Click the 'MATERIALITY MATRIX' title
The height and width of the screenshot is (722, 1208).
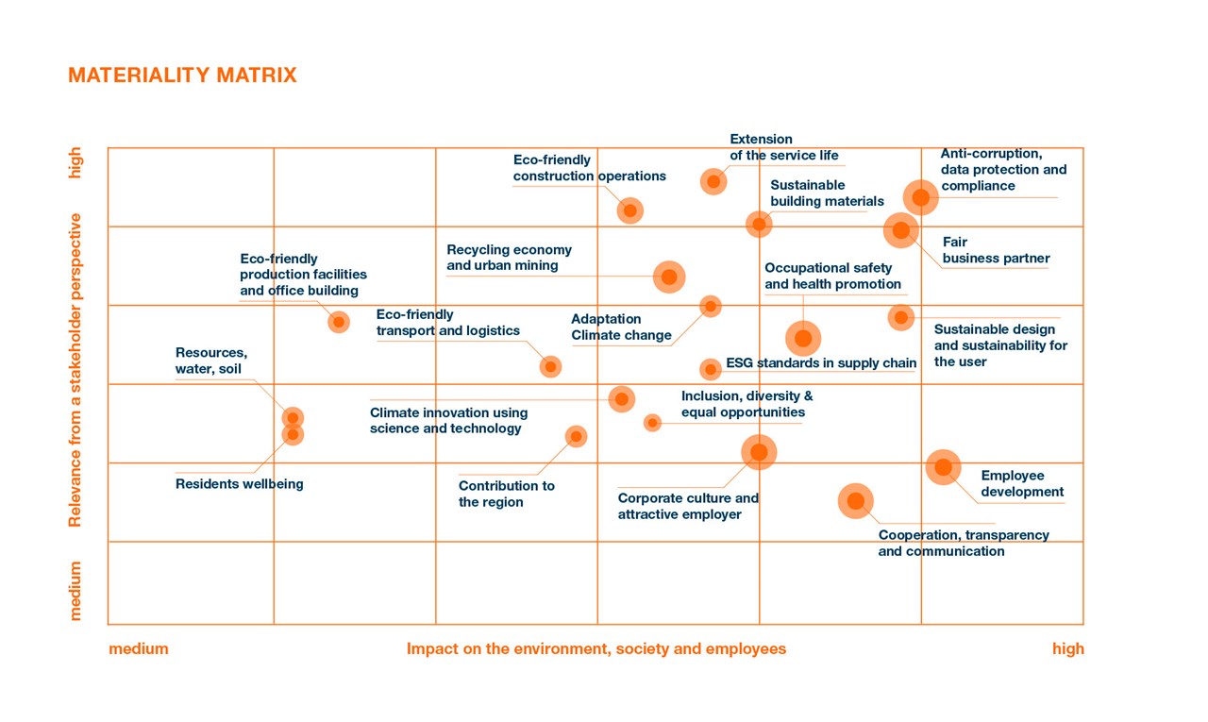point(182,76)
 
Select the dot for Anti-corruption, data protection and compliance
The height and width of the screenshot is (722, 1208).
point(920,197)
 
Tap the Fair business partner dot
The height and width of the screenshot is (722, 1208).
point(901,229)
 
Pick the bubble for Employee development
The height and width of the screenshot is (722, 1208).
point(943,466)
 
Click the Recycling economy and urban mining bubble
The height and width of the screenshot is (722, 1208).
point(669,277)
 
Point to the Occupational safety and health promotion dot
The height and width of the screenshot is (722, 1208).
point(803,338)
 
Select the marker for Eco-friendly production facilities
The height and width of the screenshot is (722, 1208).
point(339,322)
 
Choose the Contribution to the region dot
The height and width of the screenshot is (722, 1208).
point(576,436)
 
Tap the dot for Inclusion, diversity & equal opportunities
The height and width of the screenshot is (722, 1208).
point(652,423)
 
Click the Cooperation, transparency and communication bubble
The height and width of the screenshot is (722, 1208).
point(856,501)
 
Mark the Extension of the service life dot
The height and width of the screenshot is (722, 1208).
point(713,181)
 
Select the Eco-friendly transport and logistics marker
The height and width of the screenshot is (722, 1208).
point(551,366)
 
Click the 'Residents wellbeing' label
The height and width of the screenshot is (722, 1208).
point(240,484)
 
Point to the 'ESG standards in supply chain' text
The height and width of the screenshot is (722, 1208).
point(821,363)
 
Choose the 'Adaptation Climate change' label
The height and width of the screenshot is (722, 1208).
point(621,327)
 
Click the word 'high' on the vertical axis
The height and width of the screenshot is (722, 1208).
point(75,162)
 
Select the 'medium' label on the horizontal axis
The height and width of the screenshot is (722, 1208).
point(139,649)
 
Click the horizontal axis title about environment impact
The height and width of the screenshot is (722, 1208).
point(596,649)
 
